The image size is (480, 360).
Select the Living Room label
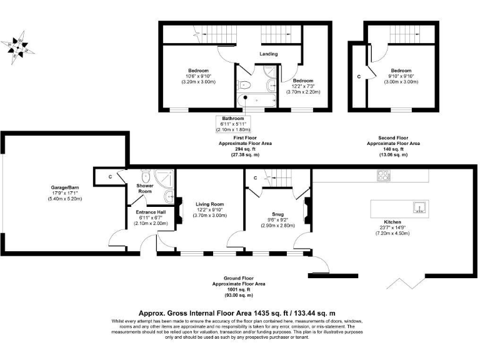[x=209, y=204]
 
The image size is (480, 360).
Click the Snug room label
[x=277, y=213]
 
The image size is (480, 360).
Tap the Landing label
[x=267, y=54]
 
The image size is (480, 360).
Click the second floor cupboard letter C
[x=359, y=76]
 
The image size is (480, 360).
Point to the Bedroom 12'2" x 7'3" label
[x=303, y=81]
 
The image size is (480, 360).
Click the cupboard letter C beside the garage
[x=110, y=177]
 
